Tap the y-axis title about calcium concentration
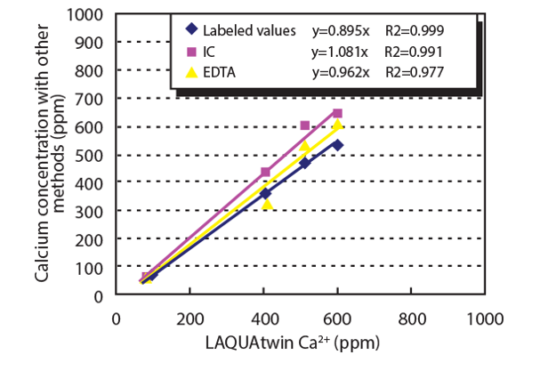tap(49, 155)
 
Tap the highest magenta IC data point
tap(337, 113)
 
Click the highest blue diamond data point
tap(337, 144)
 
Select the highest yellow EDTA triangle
tap(337, 125)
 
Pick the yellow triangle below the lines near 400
tap(267, 204)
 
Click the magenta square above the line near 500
tap(305, 125)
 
